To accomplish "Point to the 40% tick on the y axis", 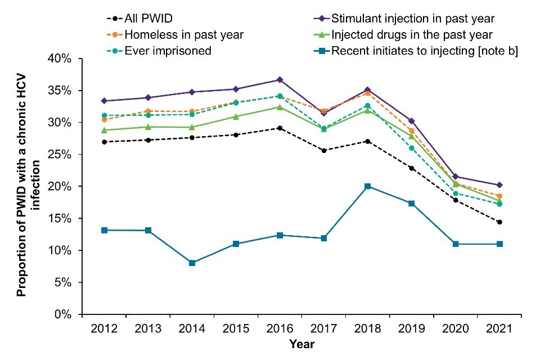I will [62, 58].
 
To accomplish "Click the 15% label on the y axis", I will [62, 218].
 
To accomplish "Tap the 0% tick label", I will [65, 314].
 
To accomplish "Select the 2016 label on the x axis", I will [280, 328].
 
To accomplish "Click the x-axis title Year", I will [302, 344].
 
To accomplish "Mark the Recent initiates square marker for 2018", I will [367, 186].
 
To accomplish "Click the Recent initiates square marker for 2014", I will [192, 263].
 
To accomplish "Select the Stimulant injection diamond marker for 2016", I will [280, 80].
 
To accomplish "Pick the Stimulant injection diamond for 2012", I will [104, 101].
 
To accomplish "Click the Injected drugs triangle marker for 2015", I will [236, 116].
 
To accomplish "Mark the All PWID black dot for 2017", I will [323, 151].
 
